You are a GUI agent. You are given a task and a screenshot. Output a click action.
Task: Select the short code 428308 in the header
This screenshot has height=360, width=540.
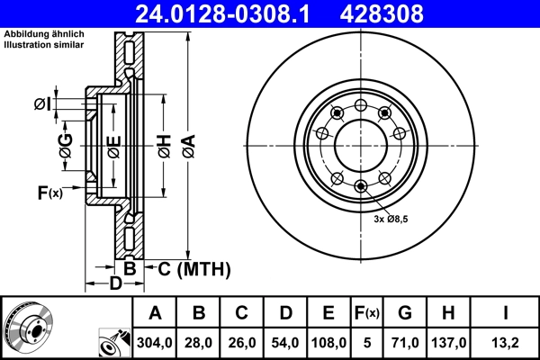405,13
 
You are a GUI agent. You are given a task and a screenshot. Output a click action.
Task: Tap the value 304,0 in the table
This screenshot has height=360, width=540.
156,342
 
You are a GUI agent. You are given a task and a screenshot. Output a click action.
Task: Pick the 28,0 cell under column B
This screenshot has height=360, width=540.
199,342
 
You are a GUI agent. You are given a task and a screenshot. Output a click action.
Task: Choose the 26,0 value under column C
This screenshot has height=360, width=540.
242,342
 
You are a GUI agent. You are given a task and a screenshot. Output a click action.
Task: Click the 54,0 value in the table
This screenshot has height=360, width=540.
285,342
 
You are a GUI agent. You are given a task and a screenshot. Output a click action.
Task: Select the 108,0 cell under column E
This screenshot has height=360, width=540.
328,342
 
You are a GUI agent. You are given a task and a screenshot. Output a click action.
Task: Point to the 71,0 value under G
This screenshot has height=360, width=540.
406,342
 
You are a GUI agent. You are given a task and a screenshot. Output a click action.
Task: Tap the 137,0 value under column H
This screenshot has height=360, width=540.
450,342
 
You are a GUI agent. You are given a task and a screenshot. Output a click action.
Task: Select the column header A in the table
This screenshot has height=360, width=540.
156,313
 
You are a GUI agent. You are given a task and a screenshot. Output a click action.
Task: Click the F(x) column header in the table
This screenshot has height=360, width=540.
366,313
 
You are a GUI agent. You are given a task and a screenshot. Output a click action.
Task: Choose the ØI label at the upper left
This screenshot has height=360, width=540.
40,104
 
